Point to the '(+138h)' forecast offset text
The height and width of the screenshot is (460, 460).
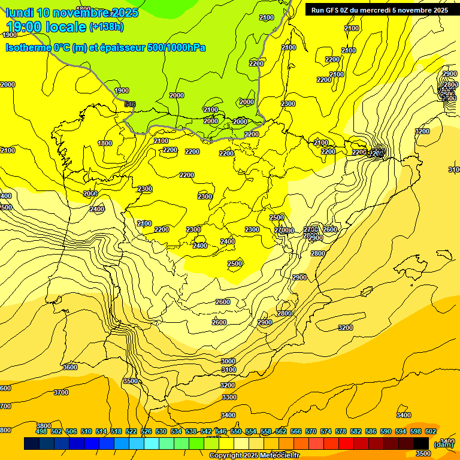106,26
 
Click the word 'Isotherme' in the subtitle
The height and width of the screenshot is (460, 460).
28,48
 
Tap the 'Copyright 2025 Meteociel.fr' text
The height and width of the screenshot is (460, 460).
254,456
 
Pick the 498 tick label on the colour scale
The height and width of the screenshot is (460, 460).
41,431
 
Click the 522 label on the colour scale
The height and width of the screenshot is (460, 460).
131,431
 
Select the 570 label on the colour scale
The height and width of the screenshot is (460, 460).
310,431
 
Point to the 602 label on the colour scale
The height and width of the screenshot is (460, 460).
430,431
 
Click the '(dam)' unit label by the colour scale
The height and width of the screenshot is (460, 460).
443,444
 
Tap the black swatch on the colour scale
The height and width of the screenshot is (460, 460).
421,444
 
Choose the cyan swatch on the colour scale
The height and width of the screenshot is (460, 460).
152,444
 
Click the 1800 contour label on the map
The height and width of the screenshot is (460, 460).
105,143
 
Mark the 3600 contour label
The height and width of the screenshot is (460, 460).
70,367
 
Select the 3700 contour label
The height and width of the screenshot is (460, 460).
60,392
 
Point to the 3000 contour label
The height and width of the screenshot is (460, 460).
228,361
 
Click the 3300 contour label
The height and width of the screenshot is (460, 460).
229,397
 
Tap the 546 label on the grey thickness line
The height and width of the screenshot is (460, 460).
130,104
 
